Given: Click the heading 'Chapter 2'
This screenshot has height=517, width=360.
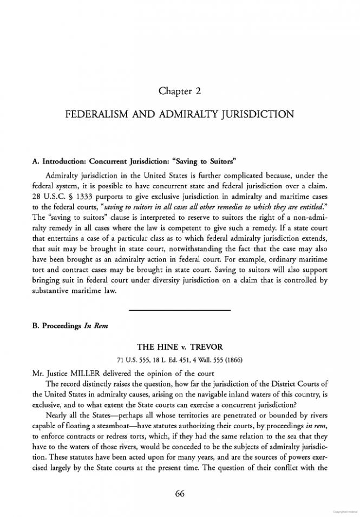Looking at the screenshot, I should pyautogui.click(x=180, y=91).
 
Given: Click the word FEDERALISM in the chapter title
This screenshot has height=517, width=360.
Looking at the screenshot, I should pyautogui.click(x=97, y=115).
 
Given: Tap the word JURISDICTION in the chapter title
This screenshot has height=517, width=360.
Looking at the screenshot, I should pyautogui.click(x=256, y=115).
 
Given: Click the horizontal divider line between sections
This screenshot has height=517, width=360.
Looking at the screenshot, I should pyautogui.click(x=180, y=310).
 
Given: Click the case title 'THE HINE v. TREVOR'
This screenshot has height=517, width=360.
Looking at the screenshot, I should pyautogui.click(x=180, y=346).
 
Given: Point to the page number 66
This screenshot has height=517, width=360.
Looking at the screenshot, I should pyautogui.click(x=180, y=493).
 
